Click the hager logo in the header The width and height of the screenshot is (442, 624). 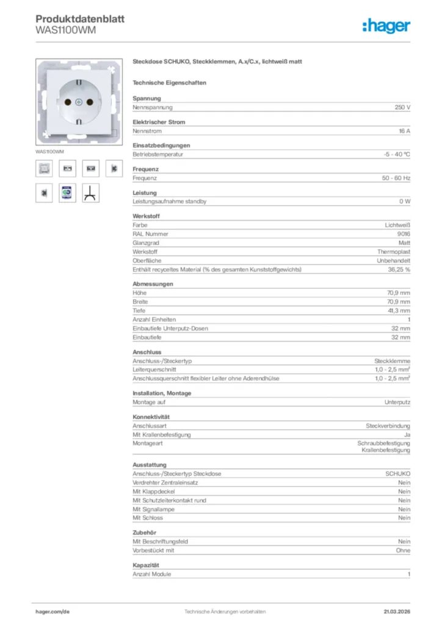click(386, 26)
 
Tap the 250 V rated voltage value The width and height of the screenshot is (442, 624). click(402, 107)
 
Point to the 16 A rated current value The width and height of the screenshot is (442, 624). click(404, 131)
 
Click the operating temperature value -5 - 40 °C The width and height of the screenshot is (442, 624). click(393, 154)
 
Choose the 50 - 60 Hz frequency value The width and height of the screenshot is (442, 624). click(396, 178)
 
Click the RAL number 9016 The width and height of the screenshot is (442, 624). click(403, 233)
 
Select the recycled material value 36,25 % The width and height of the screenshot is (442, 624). click(399, 269)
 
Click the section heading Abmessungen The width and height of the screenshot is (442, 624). click(153, 284)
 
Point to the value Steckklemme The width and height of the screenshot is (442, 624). click(392, 361)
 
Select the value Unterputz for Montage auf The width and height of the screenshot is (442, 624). click(397, 402)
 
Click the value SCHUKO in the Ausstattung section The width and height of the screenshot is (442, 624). click(397, 473)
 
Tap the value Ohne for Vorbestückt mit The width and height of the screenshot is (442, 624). click(403, 550)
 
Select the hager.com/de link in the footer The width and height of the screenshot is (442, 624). click(53, 611)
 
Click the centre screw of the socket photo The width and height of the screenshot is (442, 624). click(81, 102)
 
